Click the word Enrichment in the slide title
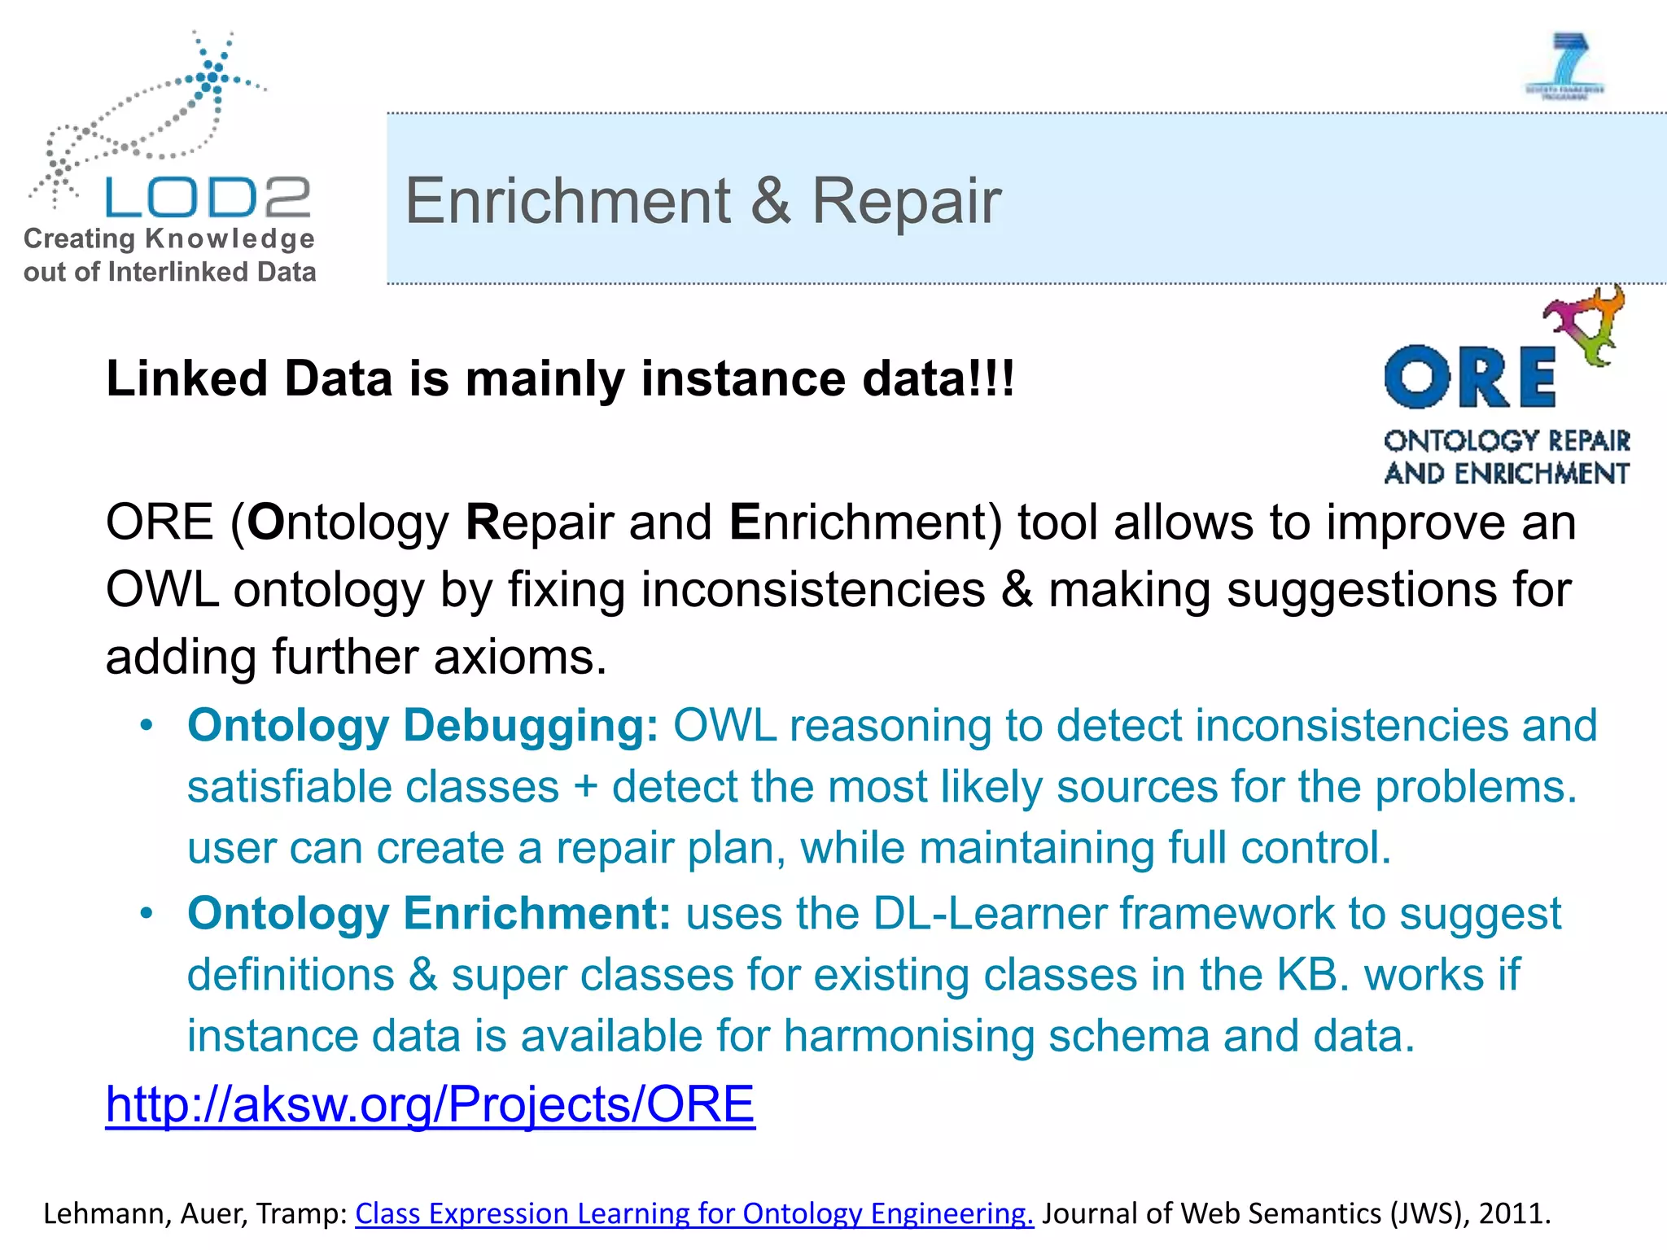568,201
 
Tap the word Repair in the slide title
906,201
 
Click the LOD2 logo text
208,198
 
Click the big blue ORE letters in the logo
1469,377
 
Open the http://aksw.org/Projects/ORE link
430,1104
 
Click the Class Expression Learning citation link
693,1213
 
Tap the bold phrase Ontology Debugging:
422,725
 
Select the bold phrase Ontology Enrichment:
429,913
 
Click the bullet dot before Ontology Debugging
146,725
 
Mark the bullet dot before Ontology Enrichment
146,913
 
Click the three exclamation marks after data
997,378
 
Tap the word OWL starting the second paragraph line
162,589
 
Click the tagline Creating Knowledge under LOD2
169,238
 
